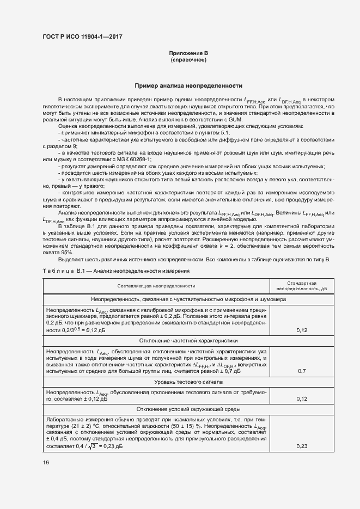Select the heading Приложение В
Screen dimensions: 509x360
188,53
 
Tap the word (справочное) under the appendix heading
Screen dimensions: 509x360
188,59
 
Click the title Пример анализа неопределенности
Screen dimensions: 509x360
188,86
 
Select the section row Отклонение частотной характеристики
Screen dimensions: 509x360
188,340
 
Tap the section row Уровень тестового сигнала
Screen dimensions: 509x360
188,382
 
